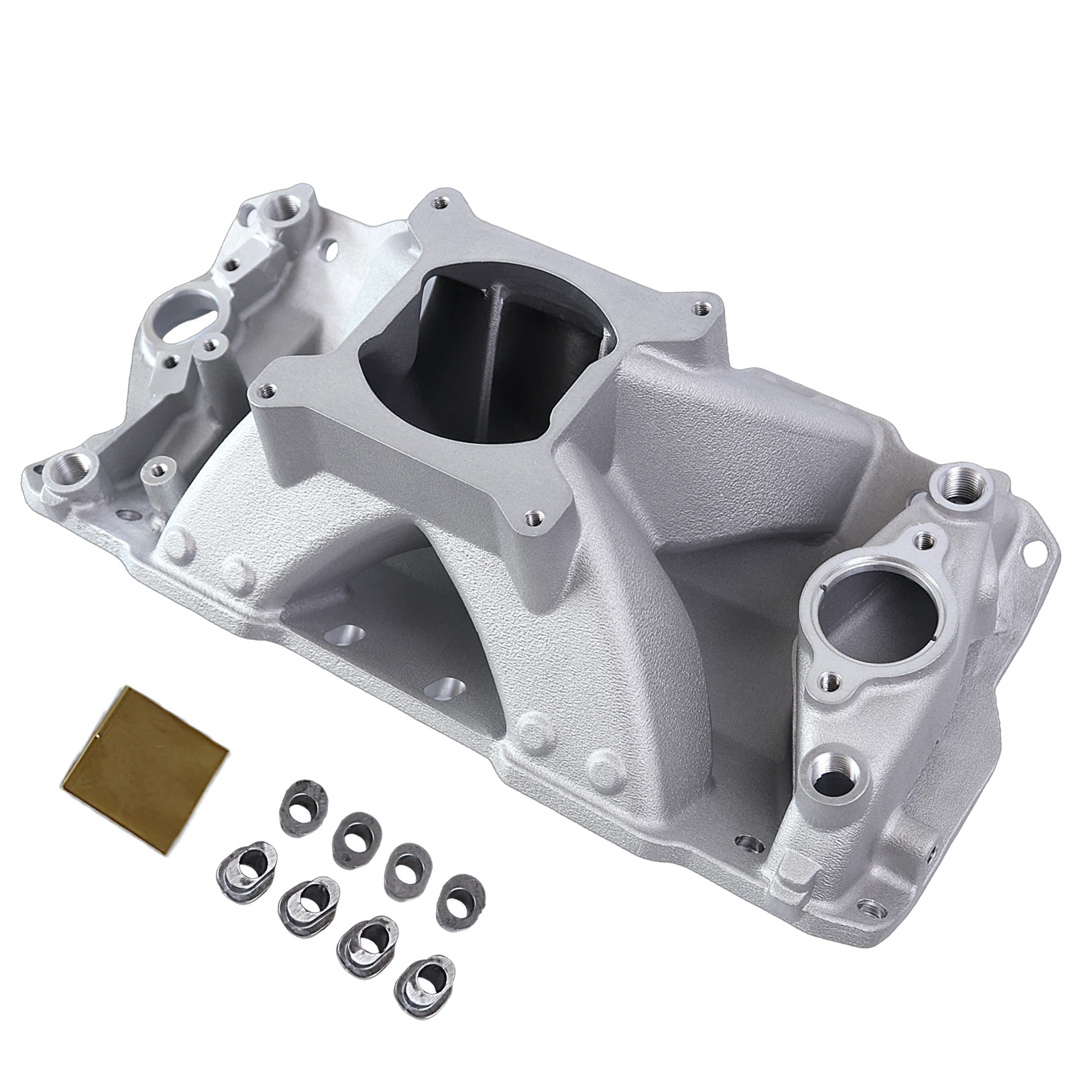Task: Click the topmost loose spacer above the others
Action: point(304,807)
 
